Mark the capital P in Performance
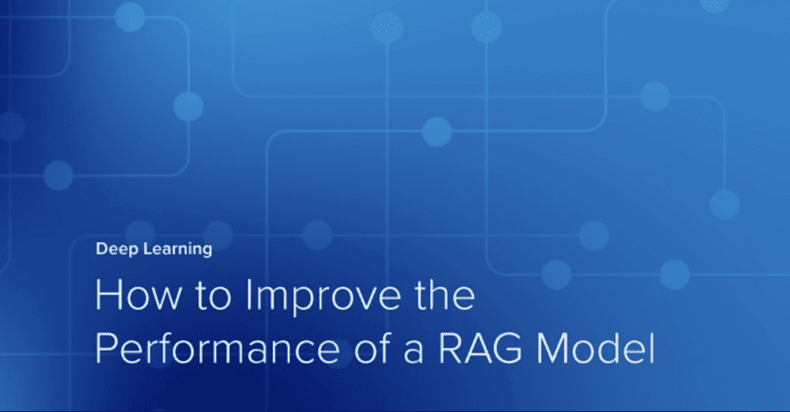105,348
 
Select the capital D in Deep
100,249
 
